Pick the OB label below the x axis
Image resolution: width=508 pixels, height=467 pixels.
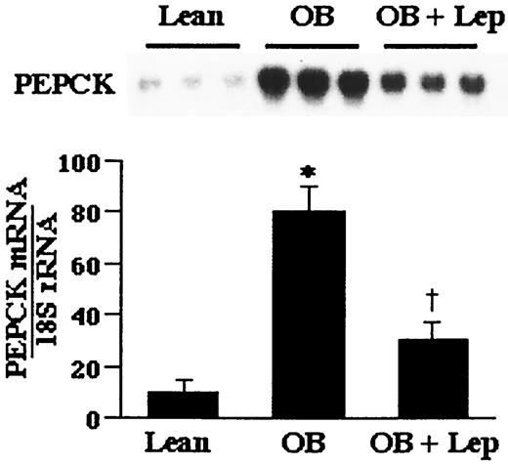click(310, 444)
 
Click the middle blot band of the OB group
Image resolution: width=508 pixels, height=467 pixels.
click(311, 86)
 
